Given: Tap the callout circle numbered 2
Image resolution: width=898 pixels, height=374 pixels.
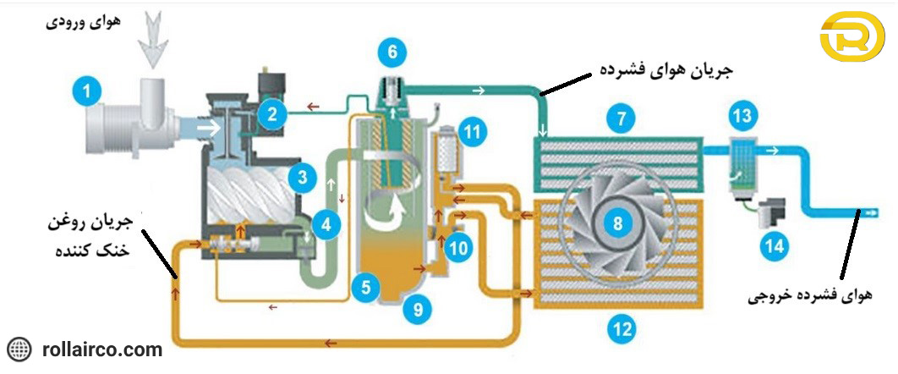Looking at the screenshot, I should click(272, 114).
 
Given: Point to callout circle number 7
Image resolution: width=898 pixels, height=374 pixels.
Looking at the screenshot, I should click(621, 119).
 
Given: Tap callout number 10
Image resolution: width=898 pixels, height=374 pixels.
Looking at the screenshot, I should click(457, 249).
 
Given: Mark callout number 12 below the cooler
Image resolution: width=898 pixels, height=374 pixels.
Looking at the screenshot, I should click(621, 330).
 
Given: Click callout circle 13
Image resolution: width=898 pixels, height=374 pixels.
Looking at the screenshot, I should click(742, 114).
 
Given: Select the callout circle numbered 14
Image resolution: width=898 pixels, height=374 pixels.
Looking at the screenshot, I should click(775, 246).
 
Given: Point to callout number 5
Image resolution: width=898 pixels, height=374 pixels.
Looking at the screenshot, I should click(364, 286).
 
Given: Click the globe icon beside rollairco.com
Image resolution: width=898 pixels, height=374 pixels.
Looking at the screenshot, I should click(19, 349).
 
